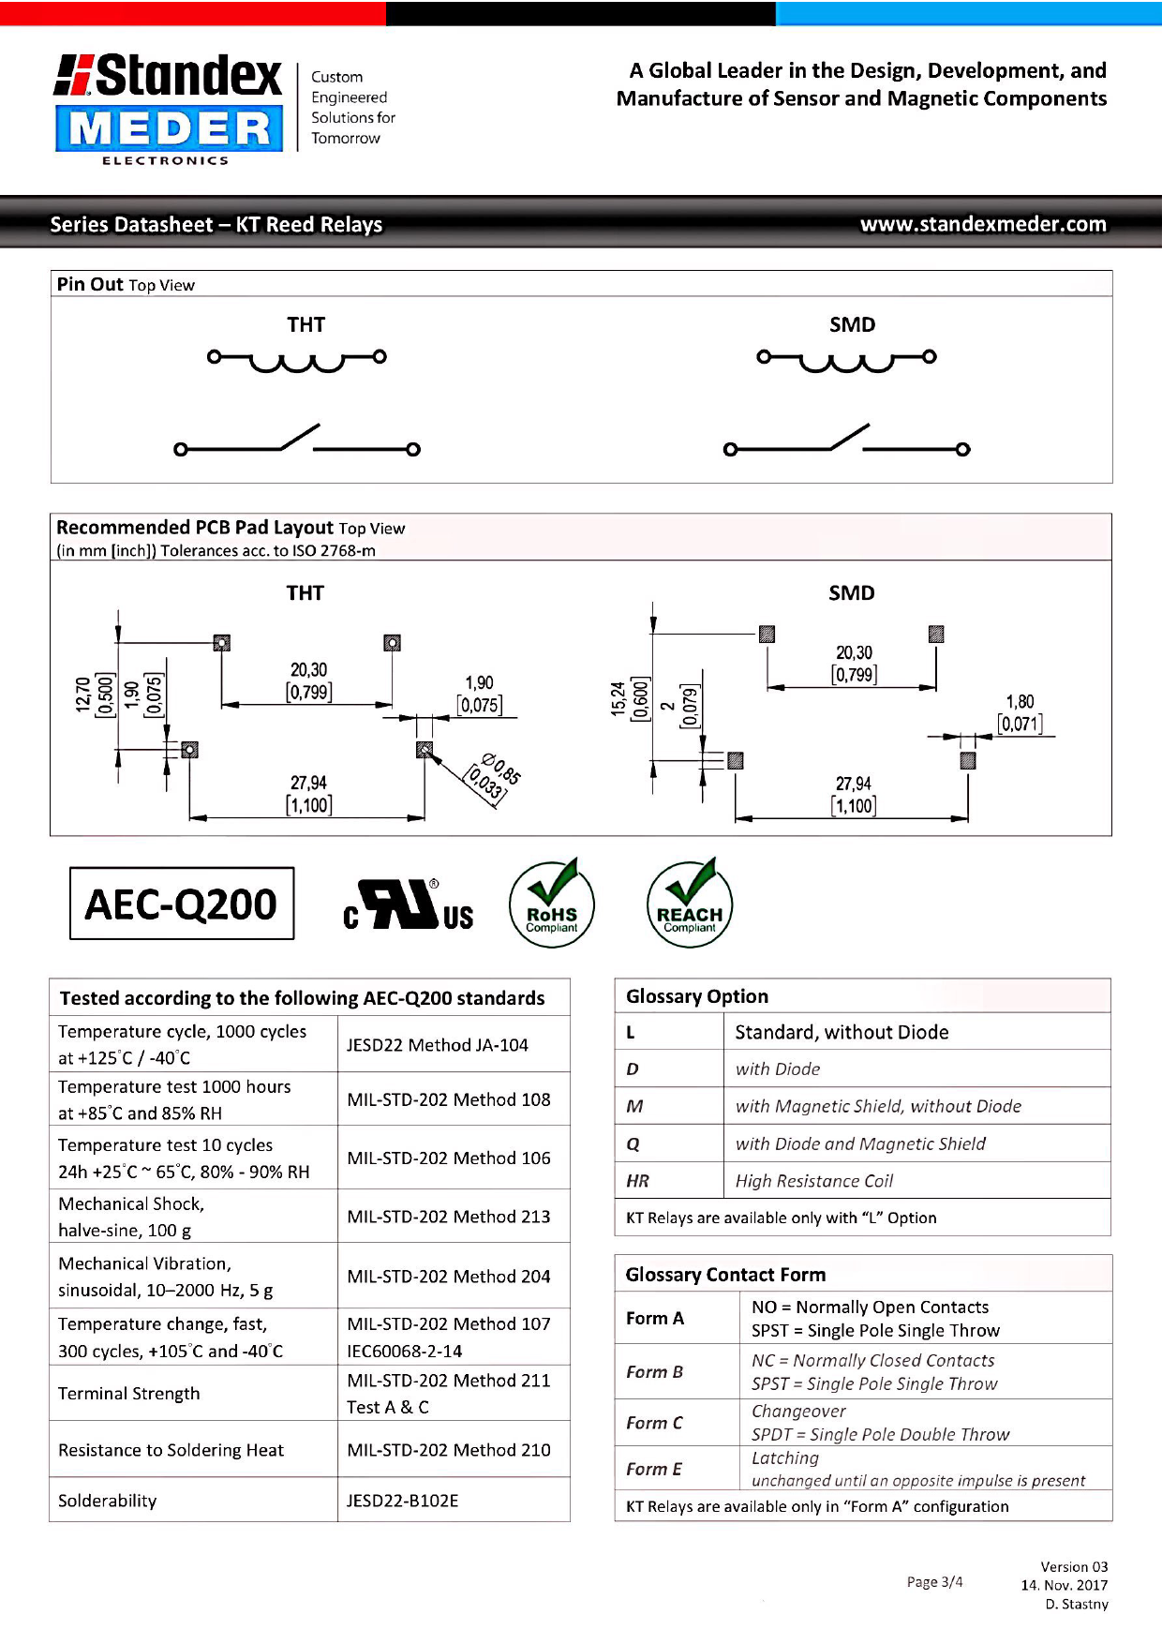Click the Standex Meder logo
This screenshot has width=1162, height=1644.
pyautogui.click(x=169, y=108)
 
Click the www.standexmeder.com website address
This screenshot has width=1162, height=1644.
pyautogui.click(x=983, y=224)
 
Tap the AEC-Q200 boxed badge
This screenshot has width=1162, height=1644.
pyautogui.click(x=182, y=904)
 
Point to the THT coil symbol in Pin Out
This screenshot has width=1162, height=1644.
pyautogui.click(x=297, y=359)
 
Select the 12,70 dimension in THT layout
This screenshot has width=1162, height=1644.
pyautogui.click(x=83, y=695)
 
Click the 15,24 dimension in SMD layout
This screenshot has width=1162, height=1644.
pyautogui.click(x=618, y=699)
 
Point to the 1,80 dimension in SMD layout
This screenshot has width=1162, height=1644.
pyautogui.click(x=1020, y=702)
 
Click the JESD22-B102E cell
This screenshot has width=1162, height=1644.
pyautogui.click(x=402, y=1501)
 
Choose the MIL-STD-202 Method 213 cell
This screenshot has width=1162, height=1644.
pyautogui.click(x=448, y=1217)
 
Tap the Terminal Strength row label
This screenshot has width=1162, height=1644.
pyautogui.click(x=129, y=1394)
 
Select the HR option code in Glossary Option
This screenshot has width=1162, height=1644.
pyautogui.click(x=637, y=1181)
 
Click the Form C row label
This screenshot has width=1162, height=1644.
pyautogui.click(x=654, y=1423)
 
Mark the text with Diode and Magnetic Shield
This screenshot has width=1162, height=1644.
pyautogui.click(x=860, y=1143)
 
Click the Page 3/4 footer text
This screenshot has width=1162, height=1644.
pyautogui.click(x=934, y=1582)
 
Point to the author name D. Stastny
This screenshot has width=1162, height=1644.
pyautogui.click(x=1077, y=1604)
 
